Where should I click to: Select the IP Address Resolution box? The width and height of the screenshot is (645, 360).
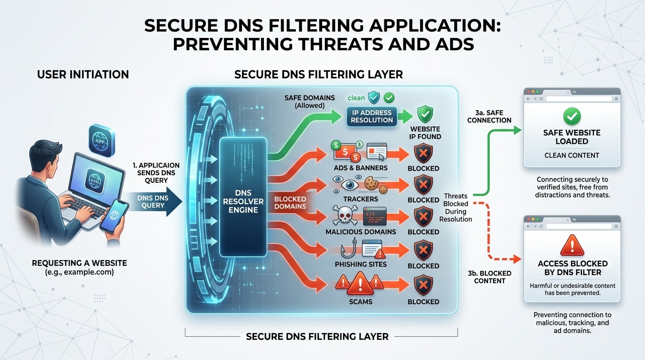372,116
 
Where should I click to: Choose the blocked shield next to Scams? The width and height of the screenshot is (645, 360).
423,285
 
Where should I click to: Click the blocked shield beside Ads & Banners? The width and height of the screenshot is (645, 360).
423,153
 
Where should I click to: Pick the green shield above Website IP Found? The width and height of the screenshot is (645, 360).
425,114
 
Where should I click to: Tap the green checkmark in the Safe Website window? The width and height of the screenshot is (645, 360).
572,116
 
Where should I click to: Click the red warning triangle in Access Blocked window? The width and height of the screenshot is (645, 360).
572,245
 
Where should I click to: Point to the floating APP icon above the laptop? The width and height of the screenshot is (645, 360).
102,140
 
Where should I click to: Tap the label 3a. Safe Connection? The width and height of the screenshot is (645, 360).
489,116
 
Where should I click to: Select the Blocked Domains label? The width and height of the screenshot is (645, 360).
290,202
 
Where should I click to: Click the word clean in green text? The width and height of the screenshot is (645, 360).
356,98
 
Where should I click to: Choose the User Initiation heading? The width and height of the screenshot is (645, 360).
83,74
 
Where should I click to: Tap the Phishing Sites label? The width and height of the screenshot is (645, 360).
360,264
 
